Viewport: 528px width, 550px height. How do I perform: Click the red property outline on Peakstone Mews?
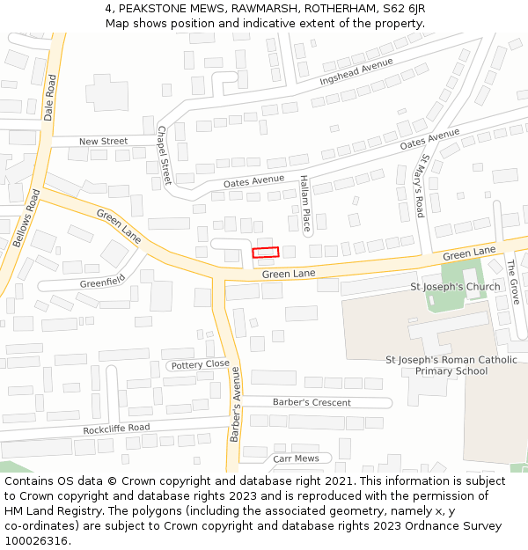(x=266, y=253)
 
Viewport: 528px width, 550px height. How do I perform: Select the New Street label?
(x=103, y=141)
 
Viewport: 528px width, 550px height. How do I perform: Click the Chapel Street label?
(x=163, y=155)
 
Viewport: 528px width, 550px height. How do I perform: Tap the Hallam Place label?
(x=304, y=203)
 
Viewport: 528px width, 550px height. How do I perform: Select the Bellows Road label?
(x=27, y=218)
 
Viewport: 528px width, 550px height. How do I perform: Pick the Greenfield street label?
(x=102, y=282)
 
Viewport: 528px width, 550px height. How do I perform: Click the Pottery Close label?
(x=200, y=364)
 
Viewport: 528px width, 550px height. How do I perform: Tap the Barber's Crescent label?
(x=312, y=402)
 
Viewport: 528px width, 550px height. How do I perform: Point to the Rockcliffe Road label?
(x=116, y=429)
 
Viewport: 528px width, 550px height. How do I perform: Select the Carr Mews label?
(x=296, y=458)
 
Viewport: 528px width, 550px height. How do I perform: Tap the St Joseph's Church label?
(x=455, y=287)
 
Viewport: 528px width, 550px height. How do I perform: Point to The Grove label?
(x=513, y=282)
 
